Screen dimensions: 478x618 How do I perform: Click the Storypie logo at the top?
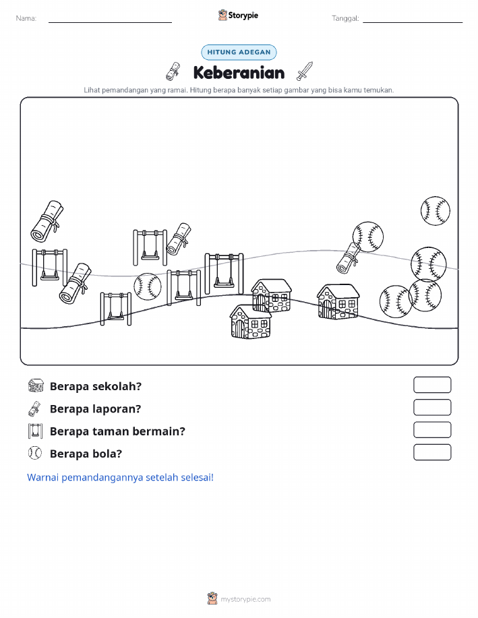[238, 16]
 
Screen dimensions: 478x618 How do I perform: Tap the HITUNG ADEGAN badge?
[239, 52]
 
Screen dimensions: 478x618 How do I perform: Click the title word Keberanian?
[239, 73]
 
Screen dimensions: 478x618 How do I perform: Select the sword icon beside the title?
[305, 71]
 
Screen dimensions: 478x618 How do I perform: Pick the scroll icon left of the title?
[173, 71]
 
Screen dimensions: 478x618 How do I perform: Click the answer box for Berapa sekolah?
[432, 385]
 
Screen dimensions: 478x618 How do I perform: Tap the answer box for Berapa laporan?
[432, 407]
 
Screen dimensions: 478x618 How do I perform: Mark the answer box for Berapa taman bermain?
[432, 429]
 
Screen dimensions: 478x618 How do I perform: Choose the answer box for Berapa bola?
[432, 452]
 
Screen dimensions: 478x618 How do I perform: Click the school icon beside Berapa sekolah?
[36, 385]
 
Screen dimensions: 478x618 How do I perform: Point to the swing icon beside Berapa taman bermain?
[35, 431]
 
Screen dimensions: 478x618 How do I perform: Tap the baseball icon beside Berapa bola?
[35, 453]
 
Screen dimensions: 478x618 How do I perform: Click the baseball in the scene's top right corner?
[435, 211]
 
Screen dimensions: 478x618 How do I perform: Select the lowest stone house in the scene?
[250, 321]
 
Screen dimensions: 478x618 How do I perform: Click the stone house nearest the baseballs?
[338, 301]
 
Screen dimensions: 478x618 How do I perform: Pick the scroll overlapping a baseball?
[349, 258]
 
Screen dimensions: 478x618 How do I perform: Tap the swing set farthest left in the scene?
[50, 268]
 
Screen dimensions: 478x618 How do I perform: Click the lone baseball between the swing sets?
[148, 287]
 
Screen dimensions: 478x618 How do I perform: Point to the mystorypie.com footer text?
[245, 599]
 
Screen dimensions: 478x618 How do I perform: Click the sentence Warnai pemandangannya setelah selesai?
[120, 477]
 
